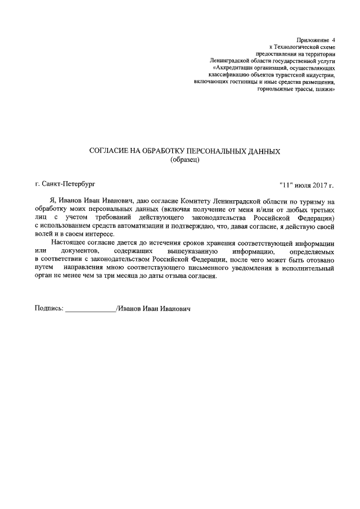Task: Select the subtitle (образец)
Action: click(185, 160)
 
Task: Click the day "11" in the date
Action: click(287, 184)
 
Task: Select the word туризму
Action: click(304, 201)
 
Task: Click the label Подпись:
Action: click(49, 309)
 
